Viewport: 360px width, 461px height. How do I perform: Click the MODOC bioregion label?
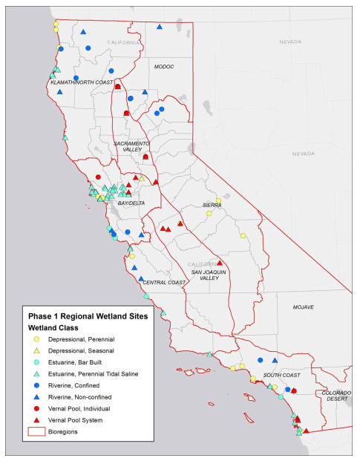(163, 67)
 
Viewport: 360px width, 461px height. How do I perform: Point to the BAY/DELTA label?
(131, 203)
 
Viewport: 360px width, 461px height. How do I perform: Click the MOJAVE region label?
(303, 307)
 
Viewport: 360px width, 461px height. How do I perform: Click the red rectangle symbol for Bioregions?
(36, 431)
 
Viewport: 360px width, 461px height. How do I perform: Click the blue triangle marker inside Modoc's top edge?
(160, 27)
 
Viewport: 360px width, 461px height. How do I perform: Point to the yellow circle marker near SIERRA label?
(209, 213)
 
